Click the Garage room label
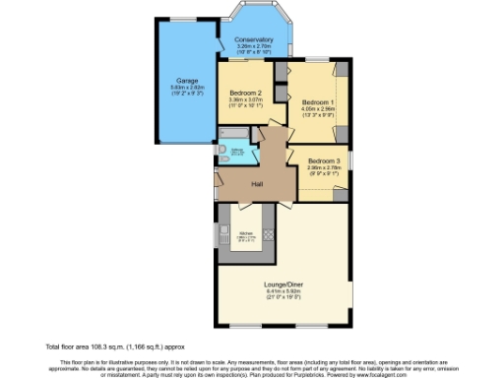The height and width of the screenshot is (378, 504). [x=188, y=80]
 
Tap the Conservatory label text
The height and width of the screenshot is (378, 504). [x=253, y=40]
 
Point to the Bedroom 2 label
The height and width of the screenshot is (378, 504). [x=244, y=93]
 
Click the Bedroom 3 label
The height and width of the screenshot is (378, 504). [x=323, y=160]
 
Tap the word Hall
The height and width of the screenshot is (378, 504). [x=257, y=184]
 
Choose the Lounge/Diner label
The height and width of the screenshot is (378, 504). [x=281, y=286]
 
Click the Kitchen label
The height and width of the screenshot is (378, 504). [x=245, y=232]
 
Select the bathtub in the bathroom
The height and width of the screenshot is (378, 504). [x=236, y=132]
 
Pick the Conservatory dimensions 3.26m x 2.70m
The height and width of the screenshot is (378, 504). [x=253, y=46]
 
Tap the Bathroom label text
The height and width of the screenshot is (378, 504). [x=237, y=150]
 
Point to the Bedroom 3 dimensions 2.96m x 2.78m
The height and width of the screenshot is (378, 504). [x=323, y=167]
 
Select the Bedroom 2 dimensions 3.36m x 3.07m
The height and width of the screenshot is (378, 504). [x=244, y=99]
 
